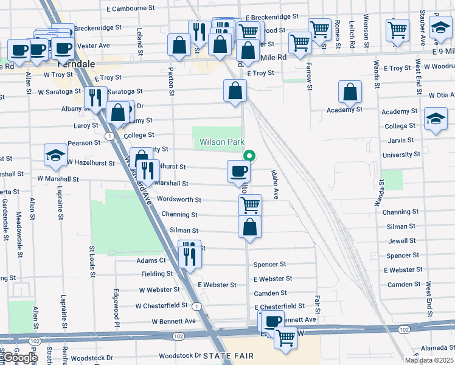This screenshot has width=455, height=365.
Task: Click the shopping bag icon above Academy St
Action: [x=350, y=92]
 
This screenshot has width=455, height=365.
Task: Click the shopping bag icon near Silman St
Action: [x=249, y=228]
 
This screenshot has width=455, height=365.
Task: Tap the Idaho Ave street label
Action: [x=275, y=185]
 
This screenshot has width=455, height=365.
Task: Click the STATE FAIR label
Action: [x=228, y=355]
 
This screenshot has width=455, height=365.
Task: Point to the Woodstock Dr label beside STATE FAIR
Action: [x=180, y=356]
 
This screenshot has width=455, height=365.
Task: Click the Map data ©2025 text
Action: [x=429, y=360]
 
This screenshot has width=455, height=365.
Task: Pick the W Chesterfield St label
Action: [x=162, y=305]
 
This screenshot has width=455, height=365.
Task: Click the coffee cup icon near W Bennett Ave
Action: [x=273, y=321]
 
